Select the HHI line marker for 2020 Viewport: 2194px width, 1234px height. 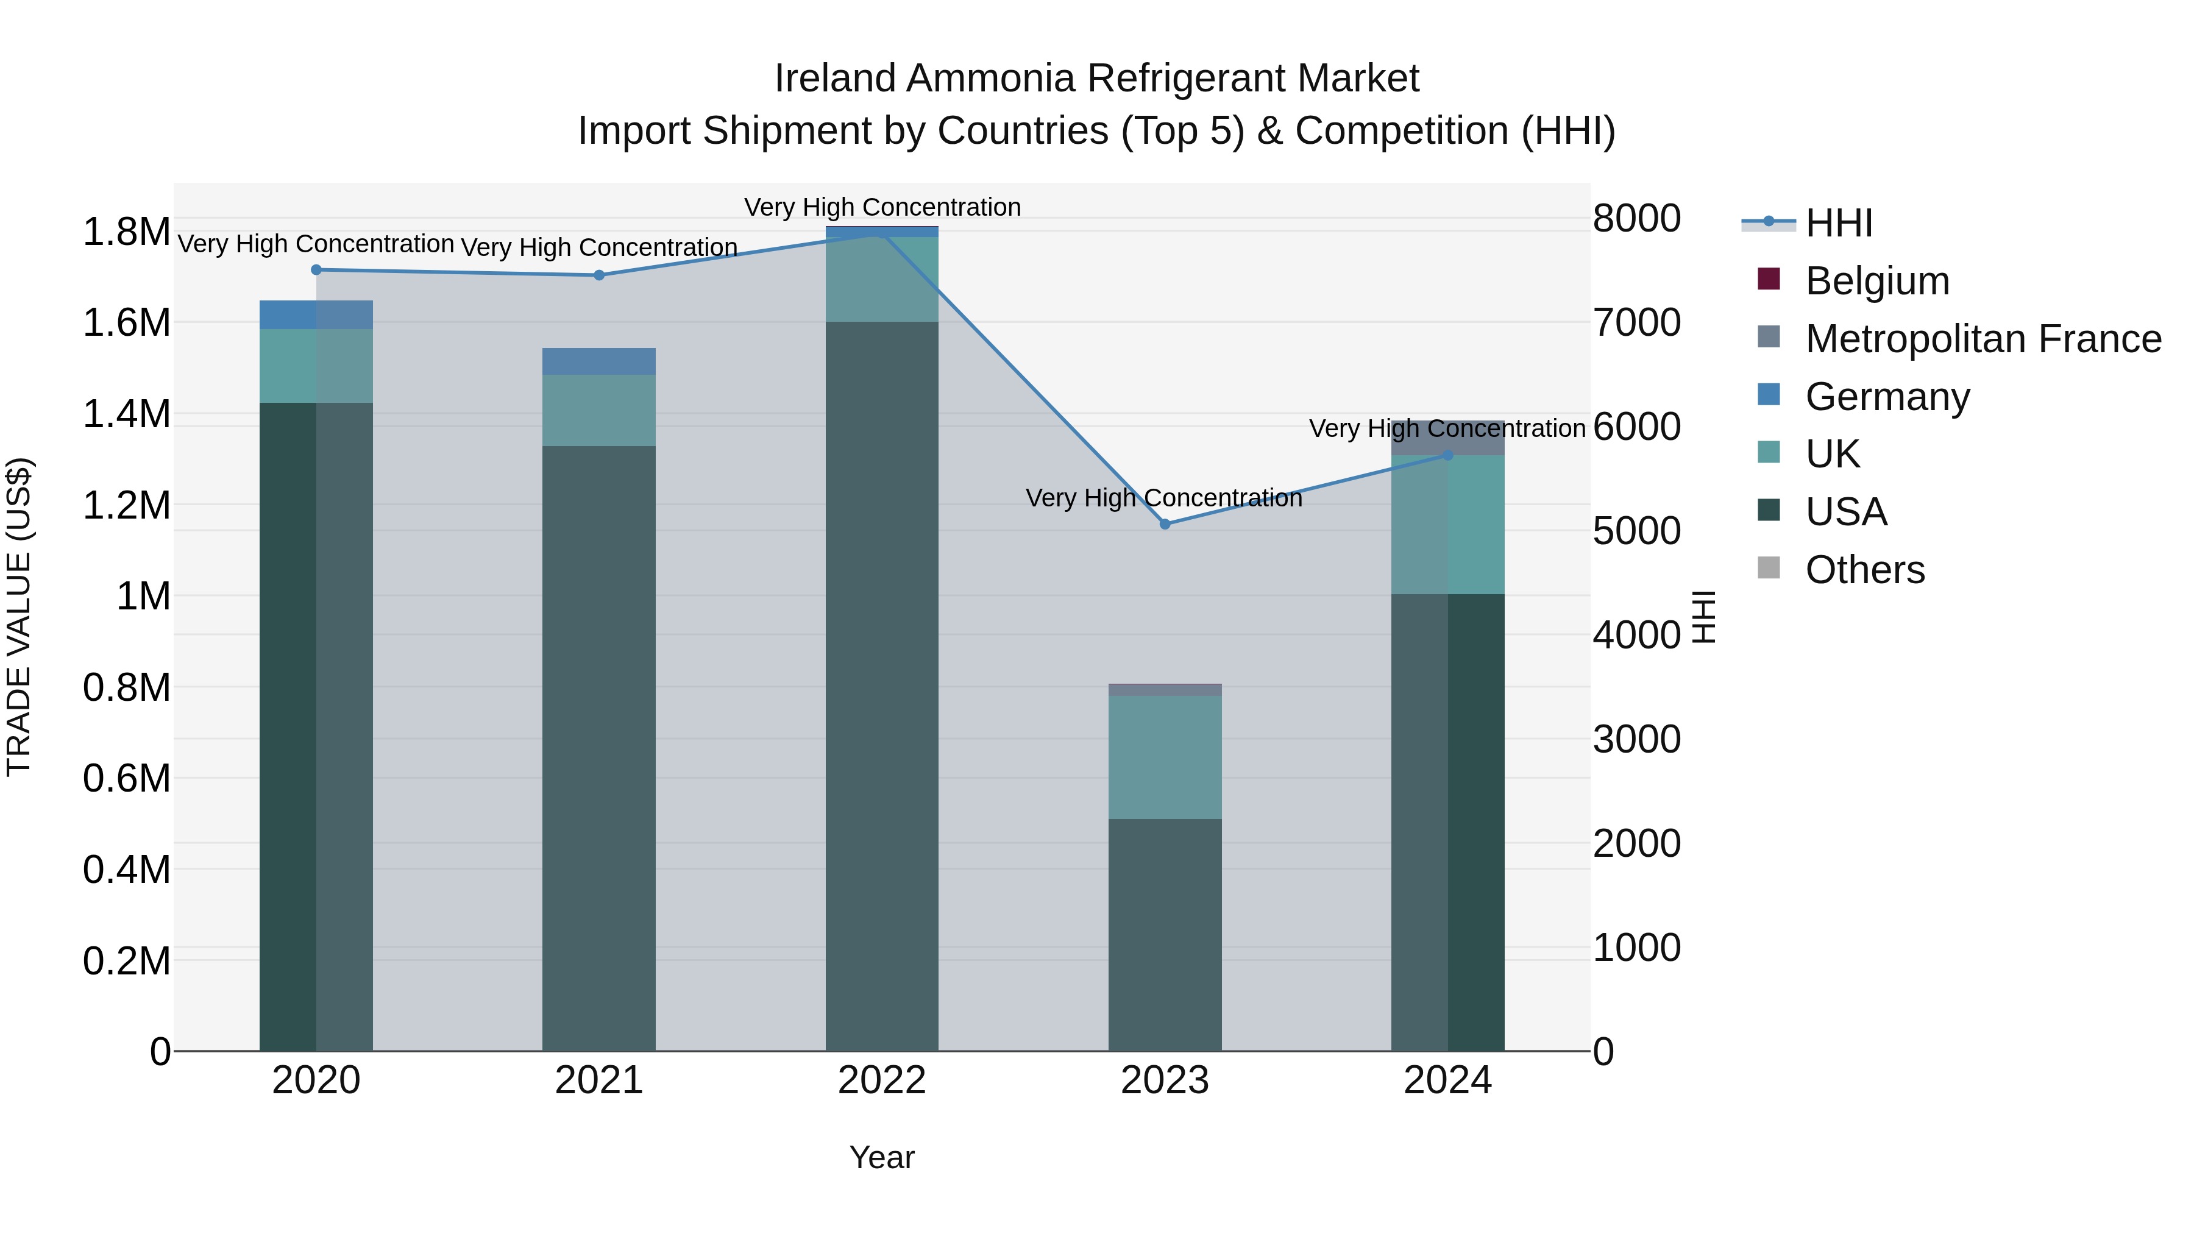click(x=316, y=270)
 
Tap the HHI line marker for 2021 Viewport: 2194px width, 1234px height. click(x=598, y=275)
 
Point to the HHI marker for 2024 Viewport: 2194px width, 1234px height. click(x=1448, y=456)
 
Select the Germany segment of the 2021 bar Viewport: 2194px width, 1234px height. click(x=598, y=361)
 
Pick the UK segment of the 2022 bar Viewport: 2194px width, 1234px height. click(x=881, y=279)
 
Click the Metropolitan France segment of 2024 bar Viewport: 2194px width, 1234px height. click(x=1448, y=438)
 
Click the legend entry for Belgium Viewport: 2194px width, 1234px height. click(x=1876, y=281)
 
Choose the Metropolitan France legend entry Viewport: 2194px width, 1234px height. click(x=1983, y=339)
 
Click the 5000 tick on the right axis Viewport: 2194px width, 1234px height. click(x=1636, y=531)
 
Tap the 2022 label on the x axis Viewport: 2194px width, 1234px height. click(x=881, y=1080)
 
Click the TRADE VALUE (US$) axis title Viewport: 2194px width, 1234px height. click(x=19, y=617)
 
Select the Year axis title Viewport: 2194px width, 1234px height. click(x=881, y=1157)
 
